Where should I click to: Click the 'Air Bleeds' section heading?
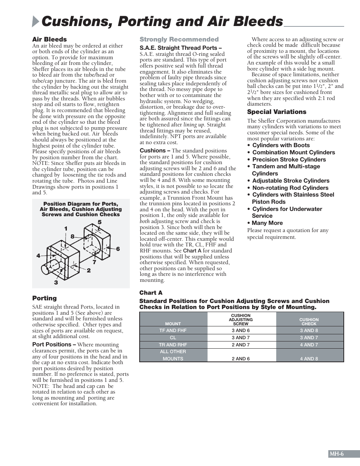[x=49, y=39]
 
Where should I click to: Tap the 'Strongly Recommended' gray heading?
[x=179, y=39]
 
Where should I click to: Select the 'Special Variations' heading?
[x=277, y=112]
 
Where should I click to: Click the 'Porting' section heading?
[x=44, y=298]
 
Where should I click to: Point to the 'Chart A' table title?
[x=151, y=293]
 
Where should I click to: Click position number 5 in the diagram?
[x=100, y=222]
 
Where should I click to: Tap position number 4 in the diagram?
[x=38, y=256]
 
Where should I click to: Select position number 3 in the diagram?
[x=56, y=282]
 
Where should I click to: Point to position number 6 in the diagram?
[x=118, y=249]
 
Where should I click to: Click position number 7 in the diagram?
[x=94, y=262]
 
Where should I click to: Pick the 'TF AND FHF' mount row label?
[x=173, y=331]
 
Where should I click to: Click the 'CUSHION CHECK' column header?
[x=309, y=321]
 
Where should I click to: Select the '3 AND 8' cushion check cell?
[x=309, y=331]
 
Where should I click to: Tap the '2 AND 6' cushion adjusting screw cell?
[x=241, y=359]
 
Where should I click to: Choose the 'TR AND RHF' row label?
[x=173, y=345]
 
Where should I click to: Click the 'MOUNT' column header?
[x=173, y=324]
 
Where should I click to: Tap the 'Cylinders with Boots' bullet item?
[x=281, y=145]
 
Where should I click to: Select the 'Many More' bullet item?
[x=267, y=223]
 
